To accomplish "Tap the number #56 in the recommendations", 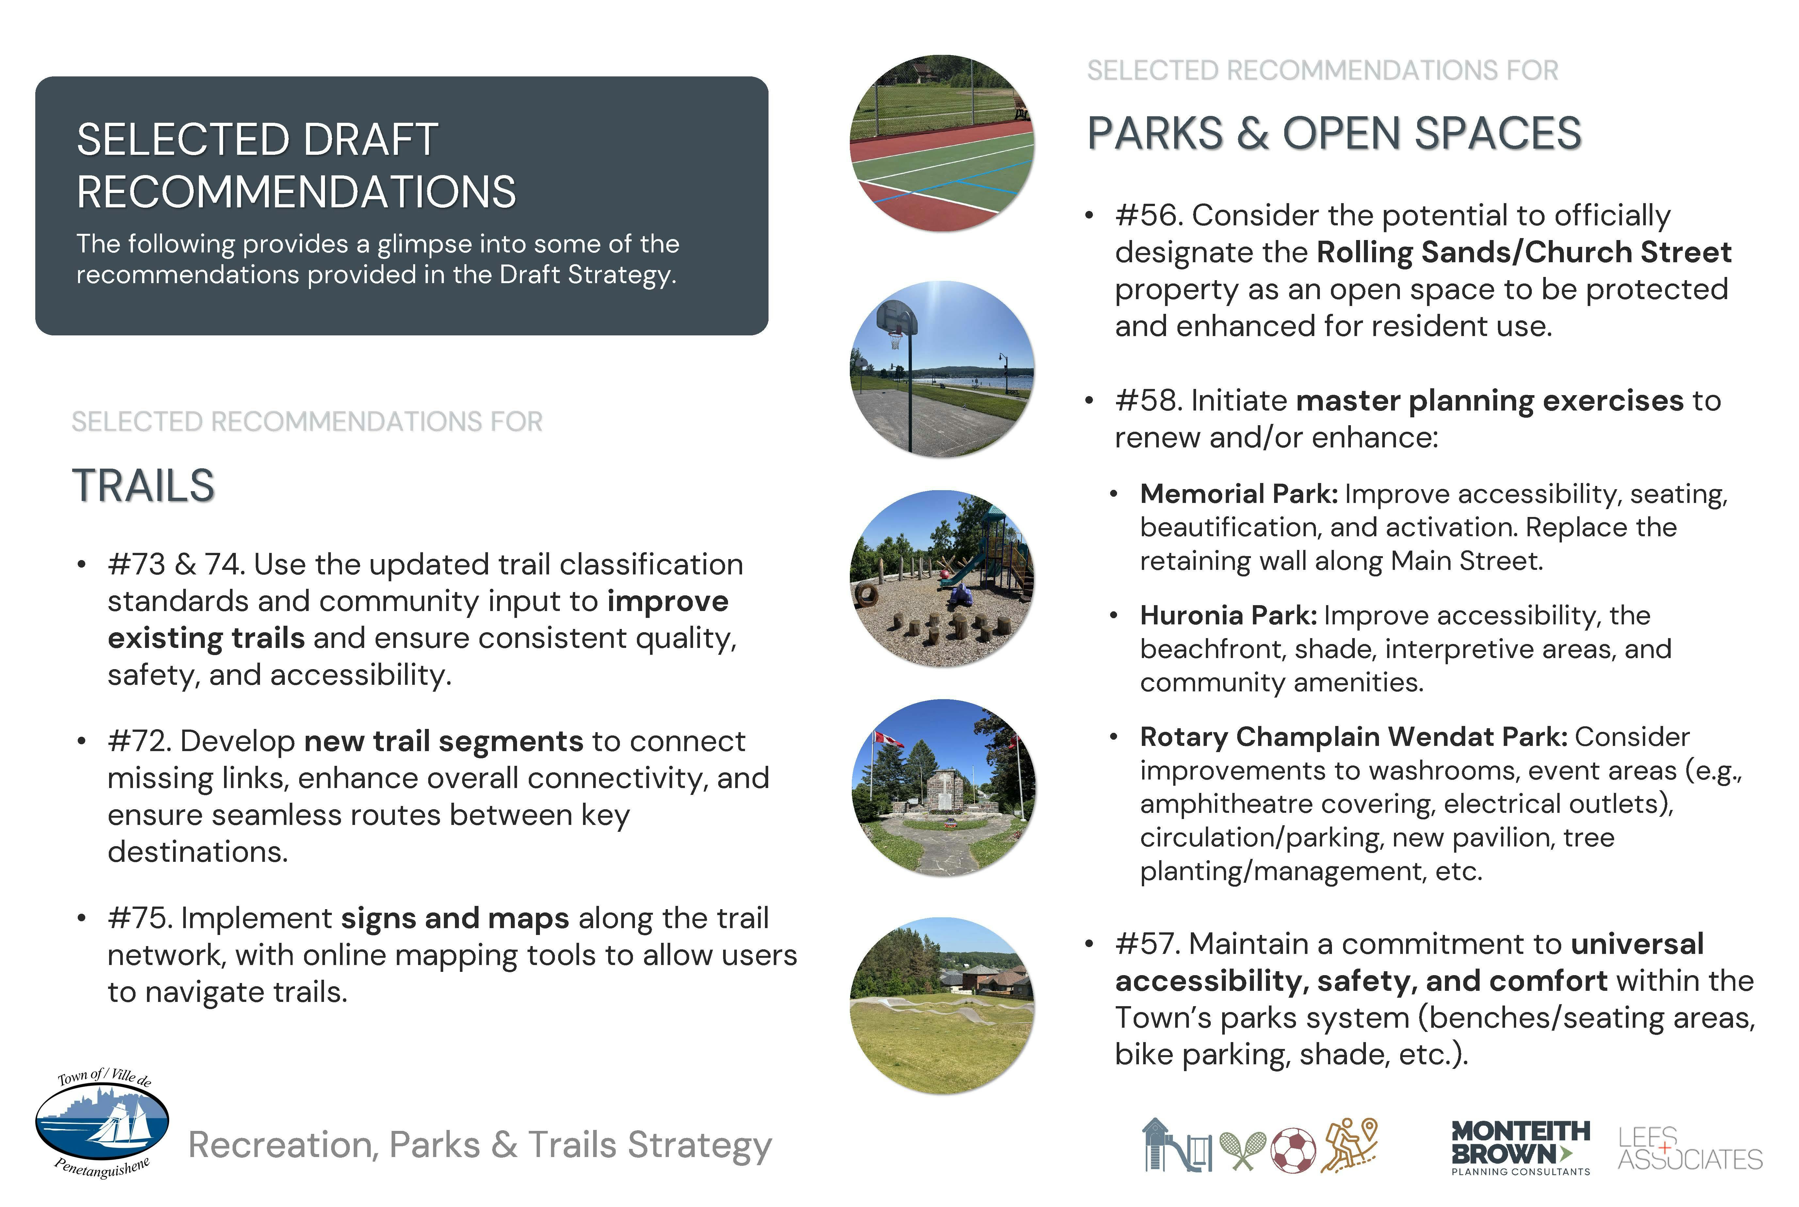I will click(1149, 216).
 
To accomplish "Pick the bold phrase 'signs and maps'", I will click(455, 918).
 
